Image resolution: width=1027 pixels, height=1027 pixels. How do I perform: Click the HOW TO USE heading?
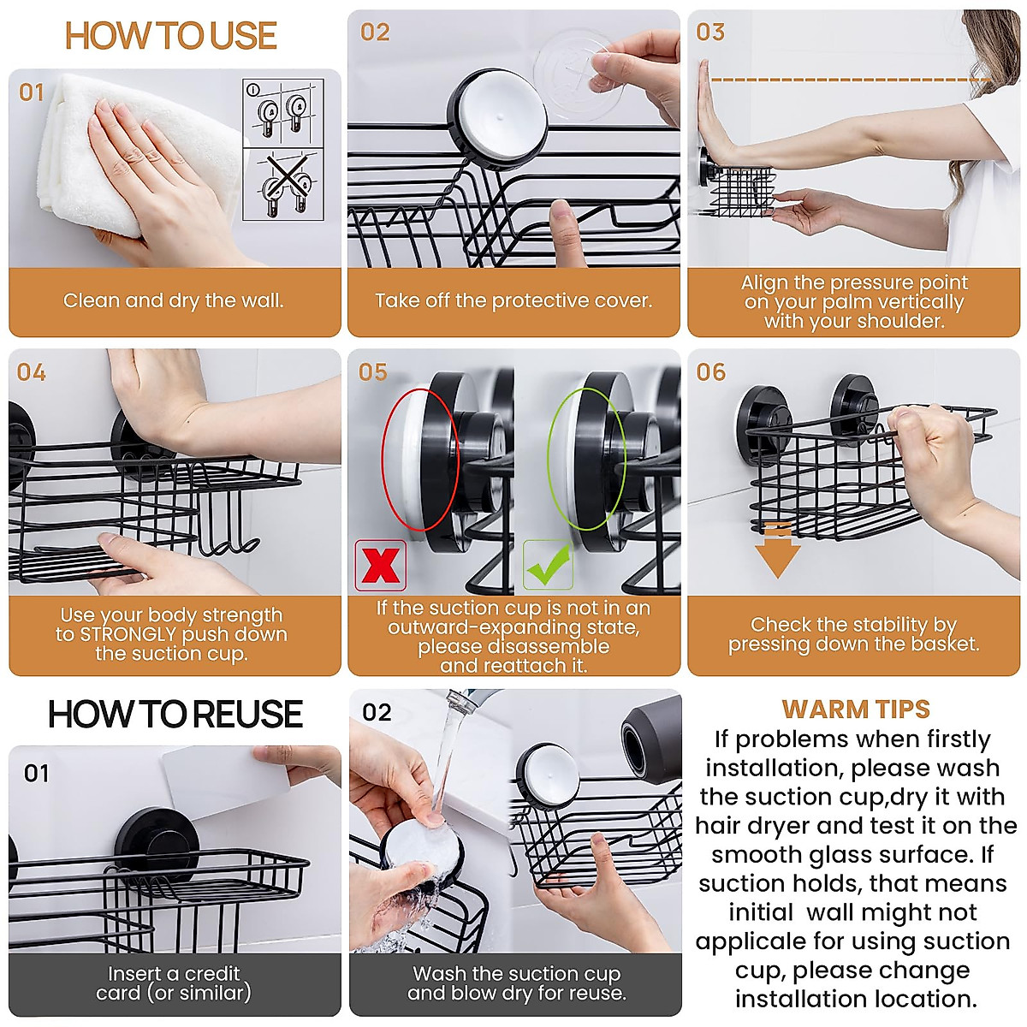pyautogui.click(x=170, y=36)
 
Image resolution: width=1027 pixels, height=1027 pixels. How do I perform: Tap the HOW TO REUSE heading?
pyautogui.click(x=175, y=714)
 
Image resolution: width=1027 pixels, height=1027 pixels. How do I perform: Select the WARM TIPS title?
pyautogui.click(x=855, y=709)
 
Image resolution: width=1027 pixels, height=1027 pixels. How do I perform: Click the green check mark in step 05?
pyautogui.click(x=548, y=564)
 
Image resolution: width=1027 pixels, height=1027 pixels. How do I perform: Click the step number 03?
pyautogui.click(x=710, y=33)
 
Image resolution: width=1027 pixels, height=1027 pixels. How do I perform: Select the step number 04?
pyautogui.click(x=32, y=372)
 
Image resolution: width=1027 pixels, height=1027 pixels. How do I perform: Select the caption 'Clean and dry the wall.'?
pyautogui.click(x=173, y=300)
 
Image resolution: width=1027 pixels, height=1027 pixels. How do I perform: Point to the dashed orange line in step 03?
pyautogui.click(x=851, y=80)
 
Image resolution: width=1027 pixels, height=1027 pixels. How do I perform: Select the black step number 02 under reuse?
pyautogui.click(x=377, y=712)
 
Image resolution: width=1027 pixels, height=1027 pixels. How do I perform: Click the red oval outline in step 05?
pyautogui.click(x=420, y=460)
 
